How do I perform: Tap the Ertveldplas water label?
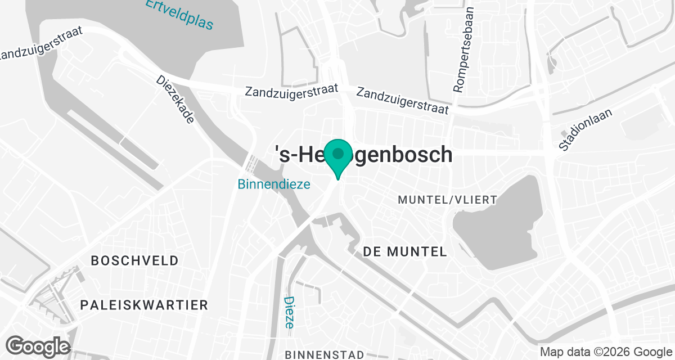(180, 13)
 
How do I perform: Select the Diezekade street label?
(175, 100)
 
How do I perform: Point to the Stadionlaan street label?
(586, 130)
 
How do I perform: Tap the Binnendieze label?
(274, 184)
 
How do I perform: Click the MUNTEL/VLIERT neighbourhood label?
(447, 200)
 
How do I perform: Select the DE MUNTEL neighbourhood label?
(405, 251)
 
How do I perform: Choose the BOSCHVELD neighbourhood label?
(134, 261)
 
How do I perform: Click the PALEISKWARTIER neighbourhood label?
(144, 305)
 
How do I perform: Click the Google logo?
(38, 345)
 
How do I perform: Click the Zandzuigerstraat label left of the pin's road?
(291, 90)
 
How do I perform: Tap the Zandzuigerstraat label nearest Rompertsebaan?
(402, 100)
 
